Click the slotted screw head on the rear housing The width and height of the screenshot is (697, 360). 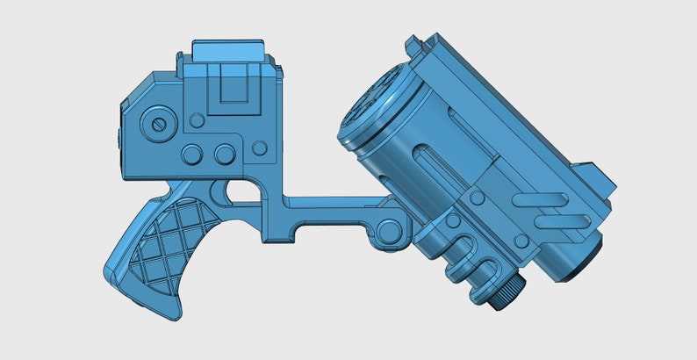[x=159, y=123]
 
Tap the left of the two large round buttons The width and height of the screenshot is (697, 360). [x=192, y=155]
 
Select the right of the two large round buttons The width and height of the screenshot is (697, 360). [x=223, y=155]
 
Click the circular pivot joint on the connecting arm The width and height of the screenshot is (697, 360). [x=388, y=232]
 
